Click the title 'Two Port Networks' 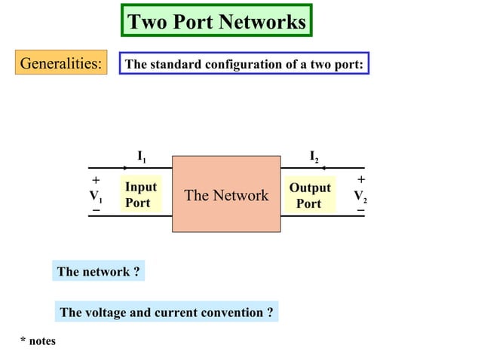tap(216, 21)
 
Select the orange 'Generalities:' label tap(60, 63)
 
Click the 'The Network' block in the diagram tap(226, 195)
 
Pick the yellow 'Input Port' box tap(140, 195)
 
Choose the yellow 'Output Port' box tap(309, 195)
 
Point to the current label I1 tap(142, 157)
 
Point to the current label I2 tap(314, 157)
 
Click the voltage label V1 tap(96, 197)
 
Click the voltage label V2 tap(360, 197)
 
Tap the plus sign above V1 tap(96, 181)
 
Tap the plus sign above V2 tap(361, 180)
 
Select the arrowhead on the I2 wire tap(323, 168)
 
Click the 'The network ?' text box tap(99, 272)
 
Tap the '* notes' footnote tap(38, 341)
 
